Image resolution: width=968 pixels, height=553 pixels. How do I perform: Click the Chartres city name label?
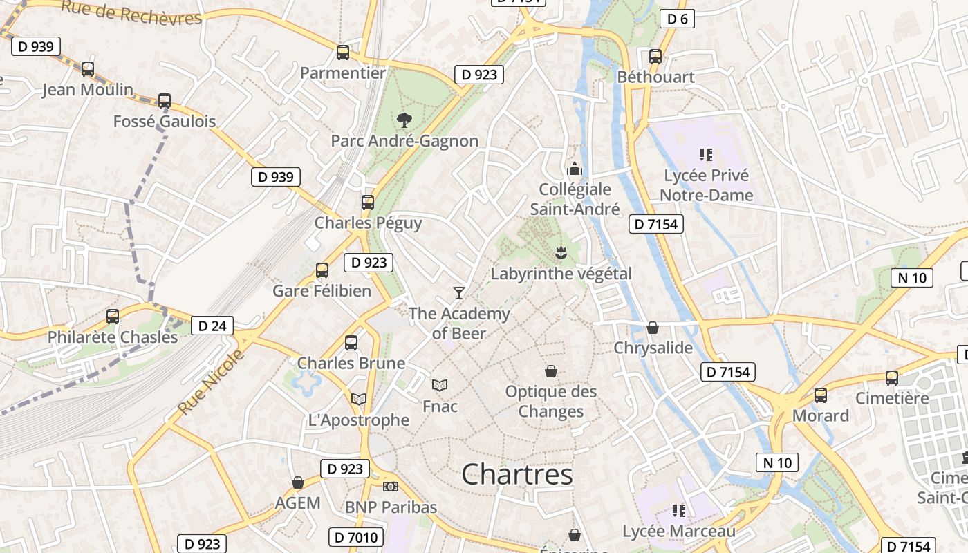516,475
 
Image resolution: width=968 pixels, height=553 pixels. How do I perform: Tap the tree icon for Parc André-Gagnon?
404,120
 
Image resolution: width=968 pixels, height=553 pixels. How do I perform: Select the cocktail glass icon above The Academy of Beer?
459,293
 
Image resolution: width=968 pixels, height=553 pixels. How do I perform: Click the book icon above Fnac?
440,385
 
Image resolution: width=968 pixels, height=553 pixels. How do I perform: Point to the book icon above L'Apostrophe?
358,399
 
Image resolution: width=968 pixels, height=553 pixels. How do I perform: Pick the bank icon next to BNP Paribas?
391,487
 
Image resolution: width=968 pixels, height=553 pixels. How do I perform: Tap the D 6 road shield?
677,19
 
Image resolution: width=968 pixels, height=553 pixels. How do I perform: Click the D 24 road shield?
212,326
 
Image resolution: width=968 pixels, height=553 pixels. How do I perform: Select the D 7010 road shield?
356,537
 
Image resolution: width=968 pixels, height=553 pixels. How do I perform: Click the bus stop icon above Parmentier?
343,53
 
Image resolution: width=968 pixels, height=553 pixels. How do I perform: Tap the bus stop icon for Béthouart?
655,57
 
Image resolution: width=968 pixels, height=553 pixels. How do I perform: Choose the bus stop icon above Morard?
821,395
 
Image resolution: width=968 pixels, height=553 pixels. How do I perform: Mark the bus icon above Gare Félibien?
322,270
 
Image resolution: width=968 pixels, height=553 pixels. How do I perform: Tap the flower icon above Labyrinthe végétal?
561,253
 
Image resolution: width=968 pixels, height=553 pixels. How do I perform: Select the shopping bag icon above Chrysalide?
653,328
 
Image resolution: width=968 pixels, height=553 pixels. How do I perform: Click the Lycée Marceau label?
679,532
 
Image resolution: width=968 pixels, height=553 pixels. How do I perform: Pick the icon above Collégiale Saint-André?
575,169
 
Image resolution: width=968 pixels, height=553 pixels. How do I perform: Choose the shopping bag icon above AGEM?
298,482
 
